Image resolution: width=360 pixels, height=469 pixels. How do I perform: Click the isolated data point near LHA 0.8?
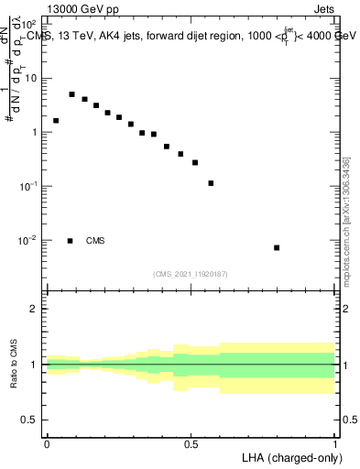coord(277,247)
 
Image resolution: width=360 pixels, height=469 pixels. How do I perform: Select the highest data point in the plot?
coord(72,94)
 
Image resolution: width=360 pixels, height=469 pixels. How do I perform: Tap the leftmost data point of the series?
coord(56,121)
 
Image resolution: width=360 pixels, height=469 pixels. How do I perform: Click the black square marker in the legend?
coord(71,241)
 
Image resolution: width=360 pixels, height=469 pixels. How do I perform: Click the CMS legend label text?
coord(95,241)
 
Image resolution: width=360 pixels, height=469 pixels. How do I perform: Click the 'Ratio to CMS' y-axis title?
coord(14,365)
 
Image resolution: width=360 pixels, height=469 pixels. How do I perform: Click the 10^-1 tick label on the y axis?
coord(27,186)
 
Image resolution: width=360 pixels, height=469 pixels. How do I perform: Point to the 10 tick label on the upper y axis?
coord(30,78)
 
